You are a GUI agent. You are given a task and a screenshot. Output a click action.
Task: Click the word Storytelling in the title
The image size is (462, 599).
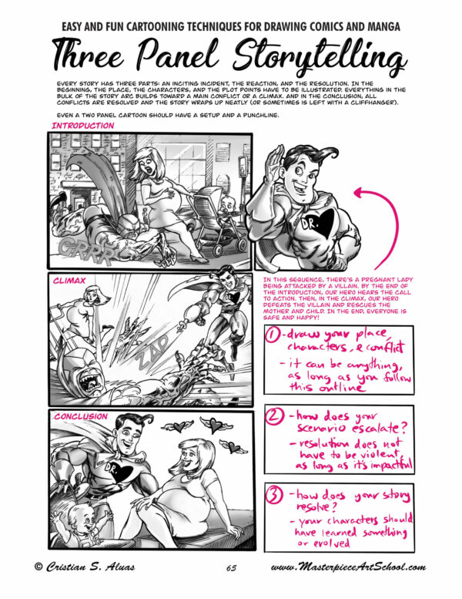pyautogui.click(x=301, y=58)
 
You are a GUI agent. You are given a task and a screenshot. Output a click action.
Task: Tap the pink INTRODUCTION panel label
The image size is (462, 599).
pyautogui.click(x=82, y=125)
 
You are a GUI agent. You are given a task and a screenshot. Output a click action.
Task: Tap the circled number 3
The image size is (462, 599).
pyautogui.click(x=273, y=493)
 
